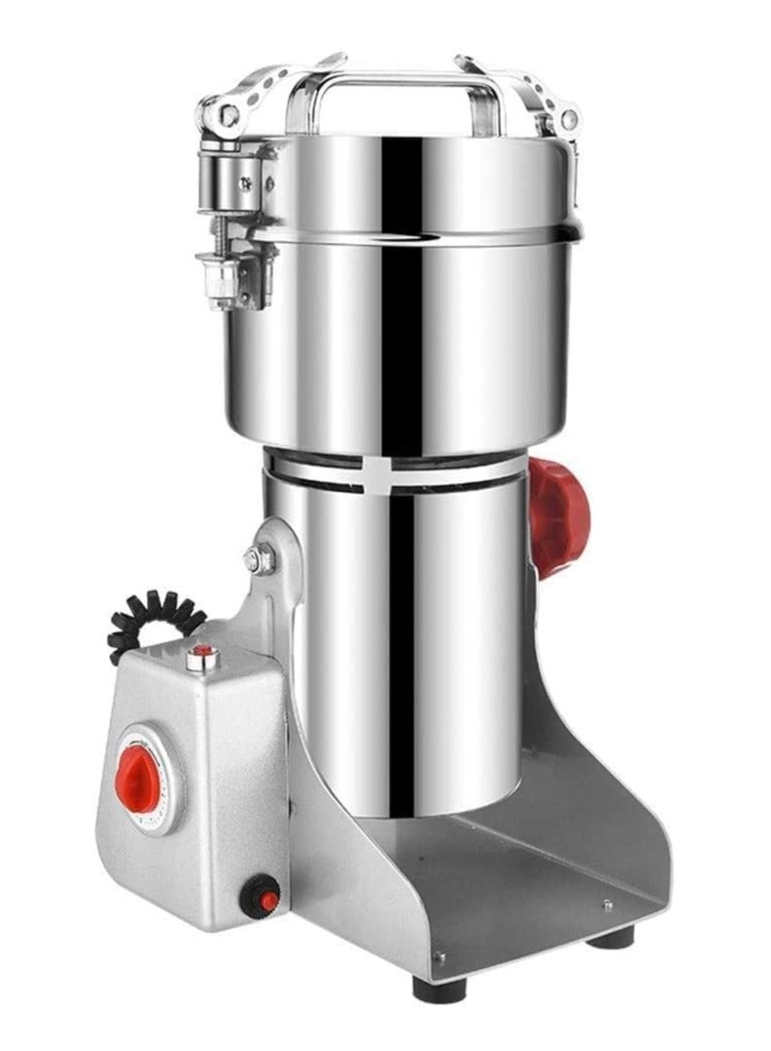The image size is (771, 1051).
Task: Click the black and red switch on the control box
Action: point(261,896)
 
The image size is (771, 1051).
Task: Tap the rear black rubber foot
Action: point(611,938)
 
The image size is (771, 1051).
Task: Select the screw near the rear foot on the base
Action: point(607,906)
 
